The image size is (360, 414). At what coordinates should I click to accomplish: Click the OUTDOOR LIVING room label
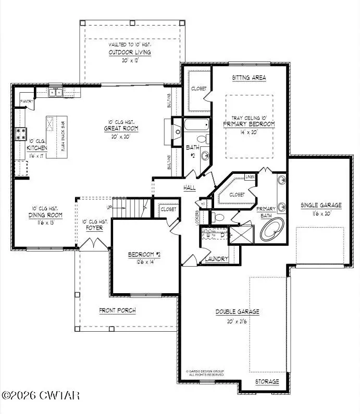(130, 53)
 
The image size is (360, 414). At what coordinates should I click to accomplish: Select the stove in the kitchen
(21, 134)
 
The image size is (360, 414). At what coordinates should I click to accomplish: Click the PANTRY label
(26, 101)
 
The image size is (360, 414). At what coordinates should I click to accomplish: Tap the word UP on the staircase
(109, 207)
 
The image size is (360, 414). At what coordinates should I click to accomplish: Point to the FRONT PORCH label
(118, 310)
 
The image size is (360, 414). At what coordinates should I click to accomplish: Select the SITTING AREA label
(249, 78)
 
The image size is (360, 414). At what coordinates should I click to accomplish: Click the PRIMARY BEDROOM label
(249, 124)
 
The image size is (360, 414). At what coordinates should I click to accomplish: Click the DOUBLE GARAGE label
(238, 312)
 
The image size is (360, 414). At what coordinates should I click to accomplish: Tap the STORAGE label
(267, 382)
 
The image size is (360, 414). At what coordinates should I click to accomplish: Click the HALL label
(189, 187)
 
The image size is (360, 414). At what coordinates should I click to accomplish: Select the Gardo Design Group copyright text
(206, 373)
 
